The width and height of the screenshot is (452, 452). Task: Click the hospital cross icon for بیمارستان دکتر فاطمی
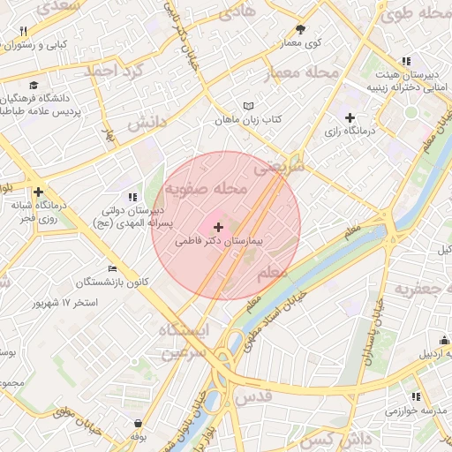coord(219,227)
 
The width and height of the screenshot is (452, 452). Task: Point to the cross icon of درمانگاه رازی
coord(350,117)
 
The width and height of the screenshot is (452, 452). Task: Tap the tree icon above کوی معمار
coord(300,29)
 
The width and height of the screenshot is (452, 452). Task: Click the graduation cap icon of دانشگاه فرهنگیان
coord(34,86)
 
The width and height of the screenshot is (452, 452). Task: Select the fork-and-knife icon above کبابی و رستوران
coord(23,32)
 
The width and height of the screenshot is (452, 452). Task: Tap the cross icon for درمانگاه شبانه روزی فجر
coord(38,192)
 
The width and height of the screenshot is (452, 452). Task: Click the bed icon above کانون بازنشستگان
coord(111,268)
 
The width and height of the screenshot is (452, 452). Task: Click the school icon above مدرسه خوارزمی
coord(416,397)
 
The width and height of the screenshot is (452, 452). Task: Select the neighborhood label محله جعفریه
coord(423,288)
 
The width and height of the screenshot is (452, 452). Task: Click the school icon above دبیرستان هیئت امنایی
coord(405,61)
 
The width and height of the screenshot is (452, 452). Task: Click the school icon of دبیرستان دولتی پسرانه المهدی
coord(132,197)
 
